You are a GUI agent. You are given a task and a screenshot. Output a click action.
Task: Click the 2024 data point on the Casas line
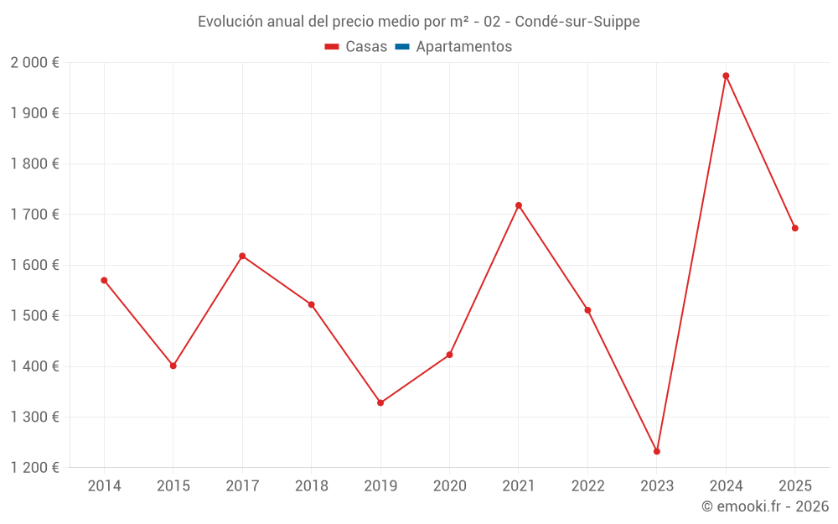pyautogui.click(x=726, y=75)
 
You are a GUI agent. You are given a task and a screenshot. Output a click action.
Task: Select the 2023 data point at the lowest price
pyautogui.click(x=657, y=451)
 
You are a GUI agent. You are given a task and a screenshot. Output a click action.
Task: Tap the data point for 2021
pyautogui.click(x=519, y=205)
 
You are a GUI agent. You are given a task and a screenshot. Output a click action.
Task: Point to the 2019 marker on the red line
pyautogui.click(x=380, y=402)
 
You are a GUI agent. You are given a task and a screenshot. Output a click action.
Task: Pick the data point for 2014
pyautogui.click(x=104, y=280)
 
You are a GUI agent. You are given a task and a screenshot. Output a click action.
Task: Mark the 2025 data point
pyautogui.click(x=794, y=228)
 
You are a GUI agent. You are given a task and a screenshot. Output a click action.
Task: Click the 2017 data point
pyautogui.click(x=242, y=256)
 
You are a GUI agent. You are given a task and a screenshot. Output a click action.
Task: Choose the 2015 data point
pyautogui.click(x=173, y=366)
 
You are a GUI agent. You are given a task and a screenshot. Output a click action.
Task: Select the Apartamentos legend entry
pyautogui.click(x=463, y=47)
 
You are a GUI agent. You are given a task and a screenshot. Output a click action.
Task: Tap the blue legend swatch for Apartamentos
pyautogui.click(x=401, y=47)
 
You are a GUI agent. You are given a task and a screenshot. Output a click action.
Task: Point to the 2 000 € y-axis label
pyautogui.click(x=35, y=63)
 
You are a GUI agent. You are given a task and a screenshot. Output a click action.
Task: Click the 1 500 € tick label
pyautogui.click(x=35, y=316)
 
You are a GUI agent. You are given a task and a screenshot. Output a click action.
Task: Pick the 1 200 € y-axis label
pyautogui.click(x=35, y=468)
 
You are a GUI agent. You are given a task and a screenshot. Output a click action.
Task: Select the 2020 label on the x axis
pyautogui.click(x=449, y=486)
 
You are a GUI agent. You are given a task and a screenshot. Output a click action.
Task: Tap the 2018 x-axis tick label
pyautogui.click(x=312, y=486)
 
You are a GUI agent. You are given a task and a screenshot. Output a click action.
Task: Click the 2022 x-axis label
pyautogui.click(x=587, y=486)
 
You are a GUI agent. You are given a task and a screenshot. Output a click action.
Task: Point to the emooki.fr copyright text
pyautogui.click(x=764, y=506)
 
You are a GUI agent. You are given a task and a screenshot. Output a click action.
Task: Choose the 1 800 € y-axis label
pyautogui.click(x=35, y=164)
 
